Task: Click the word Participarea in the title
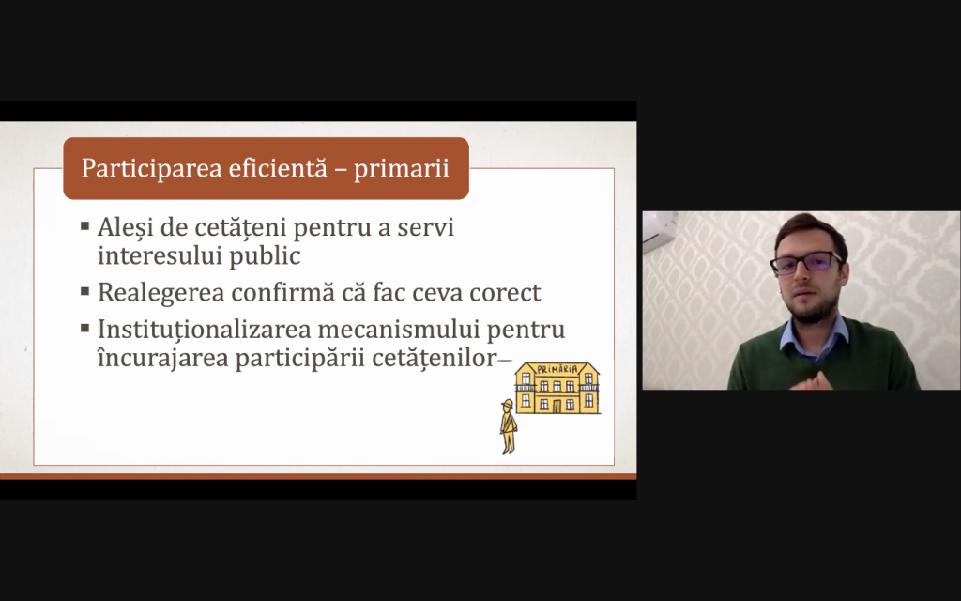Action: (151, 169)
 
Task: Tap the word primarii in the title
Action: (402, 169)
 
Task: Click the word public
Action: (265, 256)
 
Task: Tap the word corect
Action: (505, 293)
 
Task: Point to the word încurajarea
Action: (163, 358)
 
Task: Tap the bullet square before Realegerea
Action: (85, 292)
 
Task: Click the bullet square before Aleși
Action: (85, 227)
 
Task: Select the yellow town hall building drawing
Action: (557, 388)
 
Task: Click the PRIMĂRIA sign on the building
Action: (557, 369)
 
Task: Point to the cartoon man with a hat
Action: (508, 426)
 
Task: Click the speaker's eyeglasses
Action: (806, 263)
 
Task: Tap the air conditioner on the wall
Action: (660, 231)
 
